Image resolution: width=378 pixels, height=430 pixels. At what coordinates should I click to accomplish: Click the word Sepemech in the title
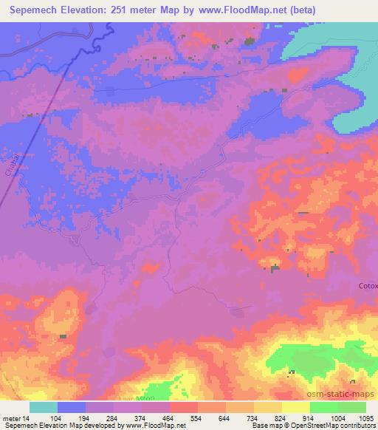coord(36,10)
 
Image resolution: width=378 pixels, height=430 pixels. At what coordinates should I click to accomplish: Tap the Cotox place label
coord(367,286)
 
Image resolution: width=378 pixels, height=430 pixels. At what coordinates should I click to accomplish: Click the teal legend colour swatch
coord(44,407)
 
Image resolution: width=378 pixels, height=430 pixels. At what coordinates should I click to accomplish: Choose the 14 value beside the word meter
coord(29,418)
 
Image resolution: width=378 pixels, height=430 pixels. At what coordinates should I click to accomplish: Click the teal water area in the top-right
coord(332,44)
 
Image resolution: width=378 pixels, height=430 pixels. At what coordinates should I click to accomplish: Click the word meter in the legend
coord(13,418)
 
